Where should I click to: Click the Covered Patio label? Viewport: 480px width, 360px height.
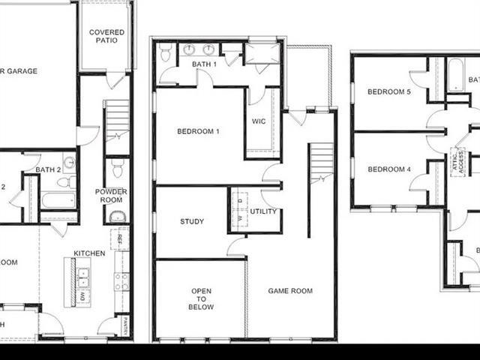pyautogui.click(x=107, y=37)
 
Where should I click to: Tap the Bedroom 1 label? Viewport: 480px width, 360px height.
pyautogui.click(x=198, y=131)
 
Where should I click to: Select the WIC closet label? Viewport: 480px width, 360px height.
pyautogui.click(x=259, y=121)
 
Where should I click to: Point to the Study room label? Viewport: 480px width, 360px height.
pyautogui.click(x=192, y=221)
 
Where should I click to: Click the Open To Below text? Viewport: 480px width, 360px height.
pyautogui.click(x=201, y=298)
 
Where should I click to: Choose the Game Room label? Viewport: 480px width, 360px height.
pyautogui.click(x=290, y=291)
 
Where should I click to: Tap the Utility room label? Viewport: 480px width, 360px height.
pyautogui.click(x=263, y=211)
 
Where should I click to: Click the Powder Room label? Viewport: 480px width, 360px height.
pyautogui.click(x=110, y=196)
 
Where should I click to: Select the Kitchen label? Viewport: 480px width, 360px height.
pyautogui.click(x=89, y=253)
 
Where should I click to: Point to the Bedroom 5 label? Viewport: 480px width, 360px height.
pyautogui.click(x=388, y=92)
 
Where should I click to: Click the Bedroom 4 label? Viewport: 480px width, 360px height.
pyautogui.click(x=388, y=169)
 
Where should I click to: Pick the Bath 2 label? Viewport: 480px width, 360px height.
pyautogui.click(x=47, y=169)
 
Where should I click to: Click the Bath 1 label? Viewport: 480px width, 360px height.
pyautogui.click(x=205, y=64)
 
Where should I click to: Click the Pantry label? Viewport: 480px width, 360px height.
pyautogui.click(x=125, y=325)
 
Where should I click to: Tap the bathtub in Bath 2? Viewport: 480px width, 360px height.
pyautogui.click(x=58, y=200)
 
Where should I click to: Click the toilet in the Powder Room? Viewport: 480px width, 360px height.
pyautogui.click(x=117, y=168)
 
